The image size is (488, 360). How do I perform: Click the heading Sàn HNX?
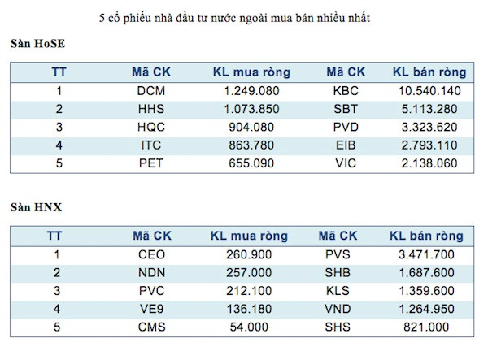(x=36, y=207)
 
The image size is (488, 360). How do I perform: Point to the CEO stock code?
(x=152, y=255)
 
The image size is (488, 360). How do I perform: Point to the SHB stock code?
(x=338, y=273)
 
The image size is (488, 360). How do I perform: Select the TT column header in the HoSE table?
(x=59, y=72)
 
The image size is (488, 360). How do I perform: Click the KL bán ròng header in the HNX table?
(x=426, y=236)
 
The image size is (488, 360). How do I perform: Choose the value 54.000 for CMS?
(x=249, y=327)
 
